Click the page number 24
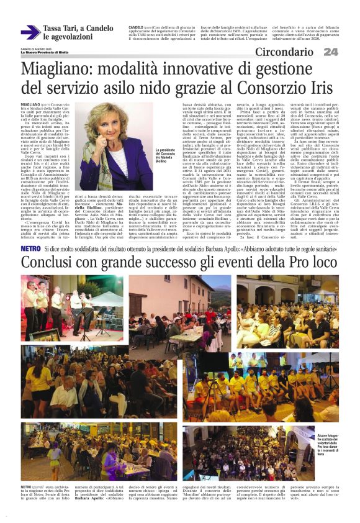(x=331, y=52)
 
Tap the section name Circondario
(x=288, y=52)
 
